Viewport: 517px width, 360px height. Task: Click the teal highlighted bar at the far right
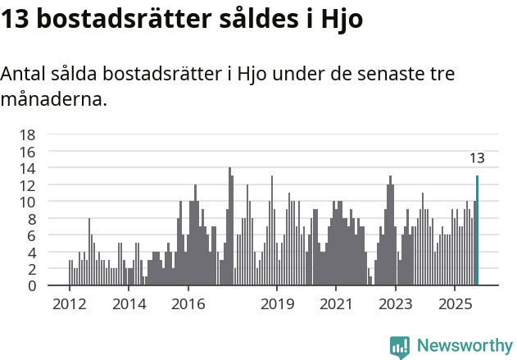click(477, 230)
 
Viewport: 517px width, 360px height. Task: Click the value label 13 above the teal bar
click(477, 158)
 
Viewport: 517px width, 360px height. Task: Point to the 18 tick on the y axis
click(27, 134)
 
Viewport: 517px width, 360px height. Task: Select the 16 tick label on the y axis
click(27, 152)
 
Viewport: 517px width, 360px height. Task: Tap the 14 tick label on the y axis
click(27, 168)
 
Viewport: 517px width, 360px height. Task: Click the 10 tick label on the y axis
click(27, 202)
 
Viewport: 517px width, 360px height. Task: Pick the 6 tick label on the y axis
click(31, 235)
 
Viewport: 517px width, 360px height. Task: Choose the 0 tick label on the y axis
click(31, 285)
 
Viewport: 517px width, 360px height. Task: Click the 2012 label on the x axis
click(69, 304)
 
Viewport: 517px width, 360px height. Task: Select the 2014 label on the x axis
click(129, 304)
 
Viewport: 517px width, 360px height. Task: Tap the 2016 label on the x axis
click(188, 304)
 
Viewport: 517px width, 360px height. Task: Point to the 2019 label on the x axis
click(277, 304)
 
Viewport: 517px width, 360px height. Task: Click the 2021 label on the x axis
click(336, 304)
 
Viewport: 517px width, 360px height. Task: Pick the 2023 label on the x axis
click(396, 304)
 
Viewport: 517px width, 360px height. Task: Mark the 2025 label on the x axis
click(455, 304)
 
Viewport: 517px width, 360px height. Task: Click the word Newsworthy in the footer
click(464, 345)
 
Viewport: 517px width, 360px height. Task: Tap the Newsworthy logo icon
click(400, 346)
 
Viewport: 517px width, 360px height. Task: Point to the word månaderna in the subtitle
click(53, 101)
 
